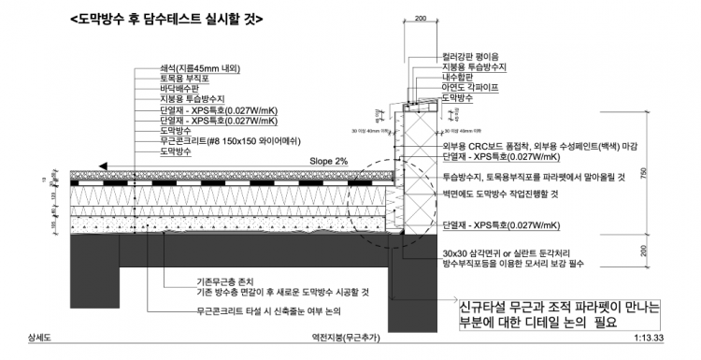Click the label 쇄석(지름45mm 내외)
[x=199, y=69]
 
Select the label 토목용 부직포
[x=186, y=79]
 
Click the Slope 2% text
[x=328, y=162]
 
